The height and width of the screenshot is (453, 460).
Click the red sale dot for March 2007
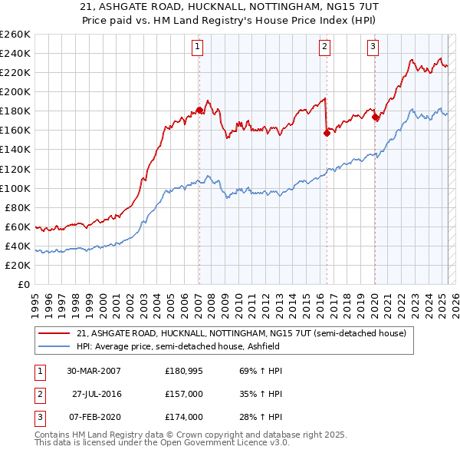pos(199,110)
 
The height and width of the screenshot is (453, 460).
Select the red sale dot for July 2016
pos(327,133)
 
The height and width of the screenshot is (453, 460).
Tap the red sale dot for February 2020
pos(375,117)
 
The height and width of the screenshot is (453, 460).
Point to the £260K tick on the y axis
pos(15,35)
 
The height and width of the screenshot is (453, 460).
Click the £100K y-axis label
pos(15,188)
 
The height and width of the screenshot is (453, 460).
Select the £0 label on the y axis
pos(24,285)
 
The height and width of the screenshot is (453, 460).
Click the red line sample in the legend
pos(54,333)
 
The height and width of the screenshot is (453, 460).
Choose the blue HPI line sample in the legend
pos(54,346)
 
